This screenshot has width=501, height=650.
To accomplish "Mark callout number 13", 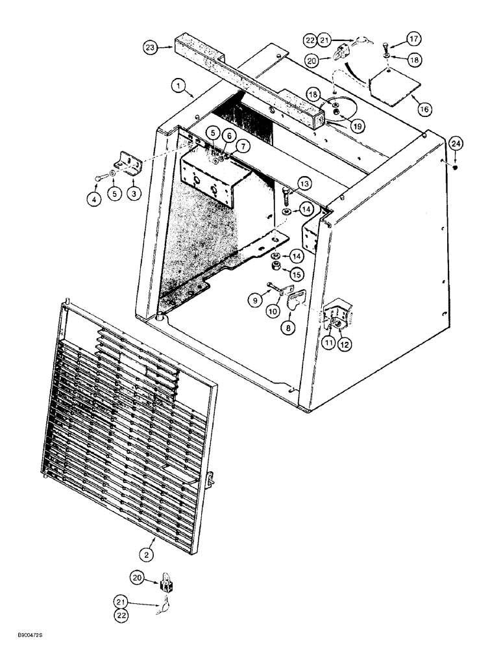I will [304, 185].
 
